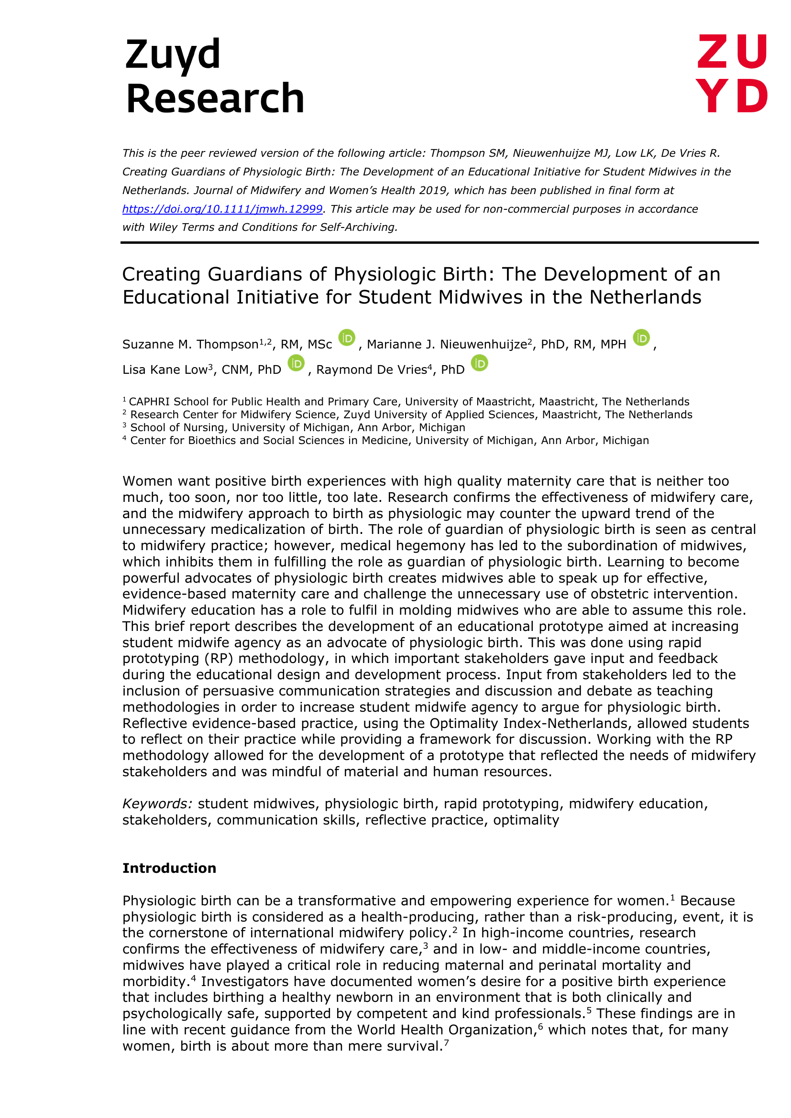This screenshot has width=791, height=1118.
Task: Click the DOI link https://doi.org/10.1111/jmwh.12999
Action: coord(222,209)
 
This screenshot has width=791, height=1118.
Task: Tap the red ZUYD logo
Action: coord(732,74)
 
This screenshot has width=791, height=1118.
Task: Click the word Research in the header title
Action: coord(215,98)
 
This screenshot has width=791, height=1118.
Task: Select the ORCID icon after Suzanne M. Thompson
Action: coord(347,338)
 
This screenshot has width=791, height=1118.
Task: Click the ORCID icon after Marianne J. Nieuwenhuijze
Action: coord(641,338)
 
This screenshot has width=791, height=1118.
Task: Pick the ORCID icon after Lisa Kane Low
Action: coord(296,363)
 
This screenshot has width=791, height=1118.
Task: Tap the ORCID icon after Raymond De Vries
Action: coord(479,363)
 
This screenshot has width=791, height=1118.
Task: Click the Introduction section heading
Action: coord(169,868)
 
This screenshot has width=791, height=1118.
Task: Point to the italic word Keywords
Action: coord(157,803)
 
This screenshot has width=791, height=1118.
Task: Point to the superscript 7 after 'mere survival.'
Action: coord(446,1042)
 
